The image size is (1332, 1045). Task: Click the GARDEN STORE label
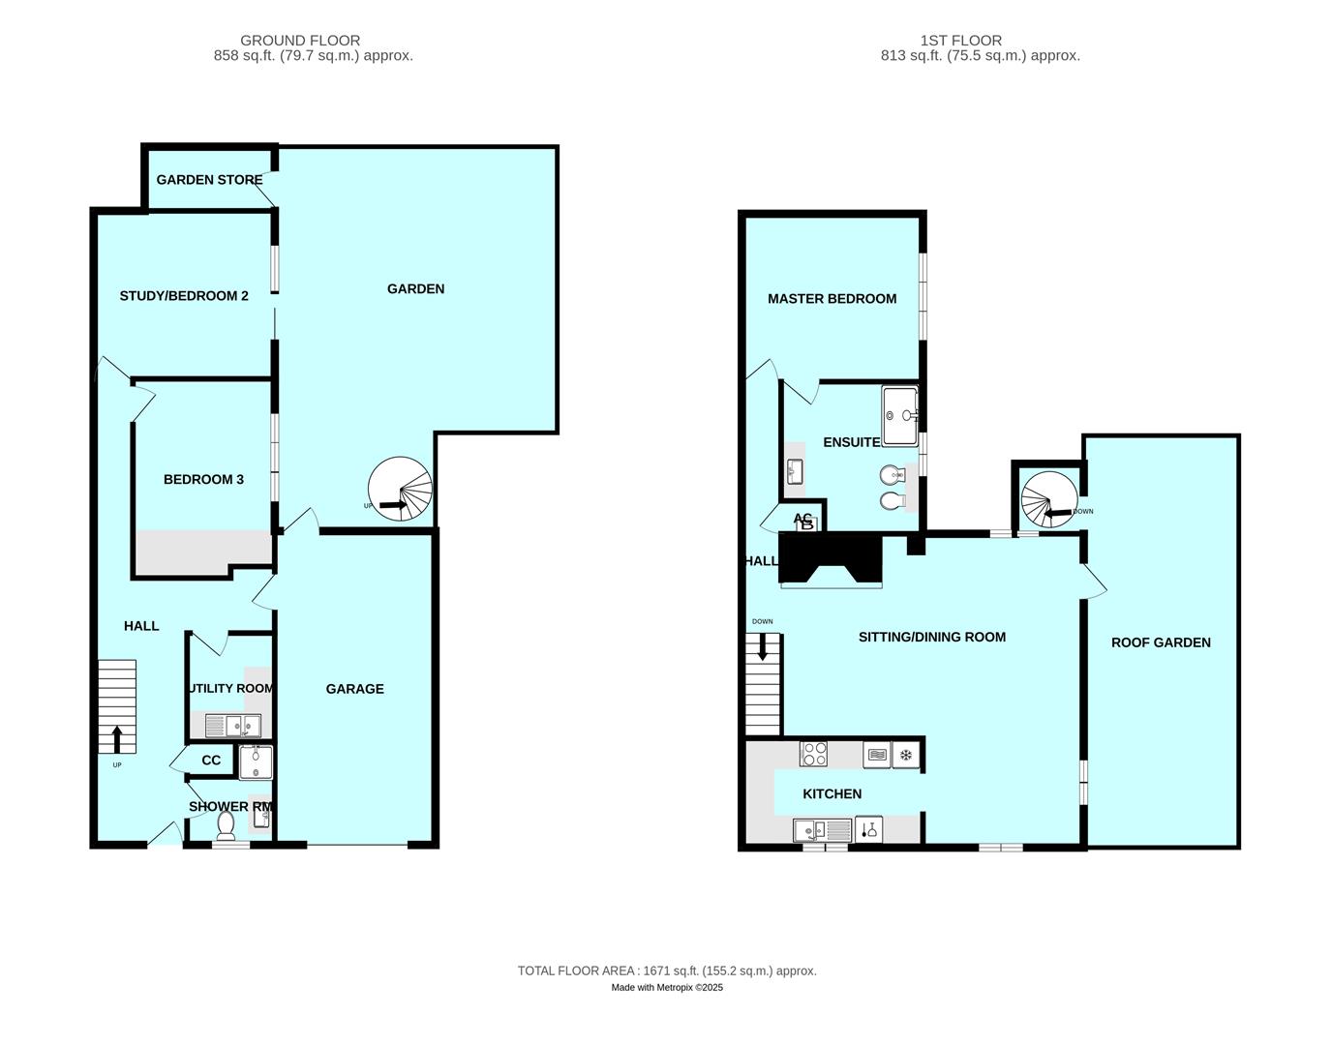209,180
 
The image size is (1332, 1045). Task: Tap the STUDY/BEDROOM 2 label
184,295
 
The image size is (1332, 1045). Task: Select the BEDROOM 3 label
203,479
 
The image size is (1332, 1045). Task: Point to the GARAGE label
354,689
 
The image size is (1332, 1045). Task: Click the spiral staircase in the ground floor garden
401,490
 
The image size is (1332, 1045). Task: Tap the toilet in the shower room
227,825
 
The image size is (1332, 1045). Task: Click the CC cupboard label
211,761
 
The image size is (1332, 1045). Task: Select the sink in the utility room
232,725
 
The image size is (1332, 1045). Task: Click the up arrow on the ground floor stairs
117,740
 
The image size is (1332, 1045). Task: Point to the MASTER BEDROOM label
832,299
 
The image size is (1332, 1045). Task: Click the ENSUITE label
851,442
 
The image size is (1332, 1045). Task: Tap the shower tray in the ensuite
899,415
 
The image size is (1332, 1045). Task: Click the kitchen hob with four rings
814,754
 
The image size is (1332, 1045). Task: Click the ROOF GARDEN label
1161,642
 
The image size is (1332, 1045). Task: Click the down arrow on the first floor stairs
763,646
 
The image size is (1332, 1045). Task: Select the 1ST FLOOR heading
961,41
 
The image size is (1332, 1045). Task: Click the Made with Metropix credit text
667,988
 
